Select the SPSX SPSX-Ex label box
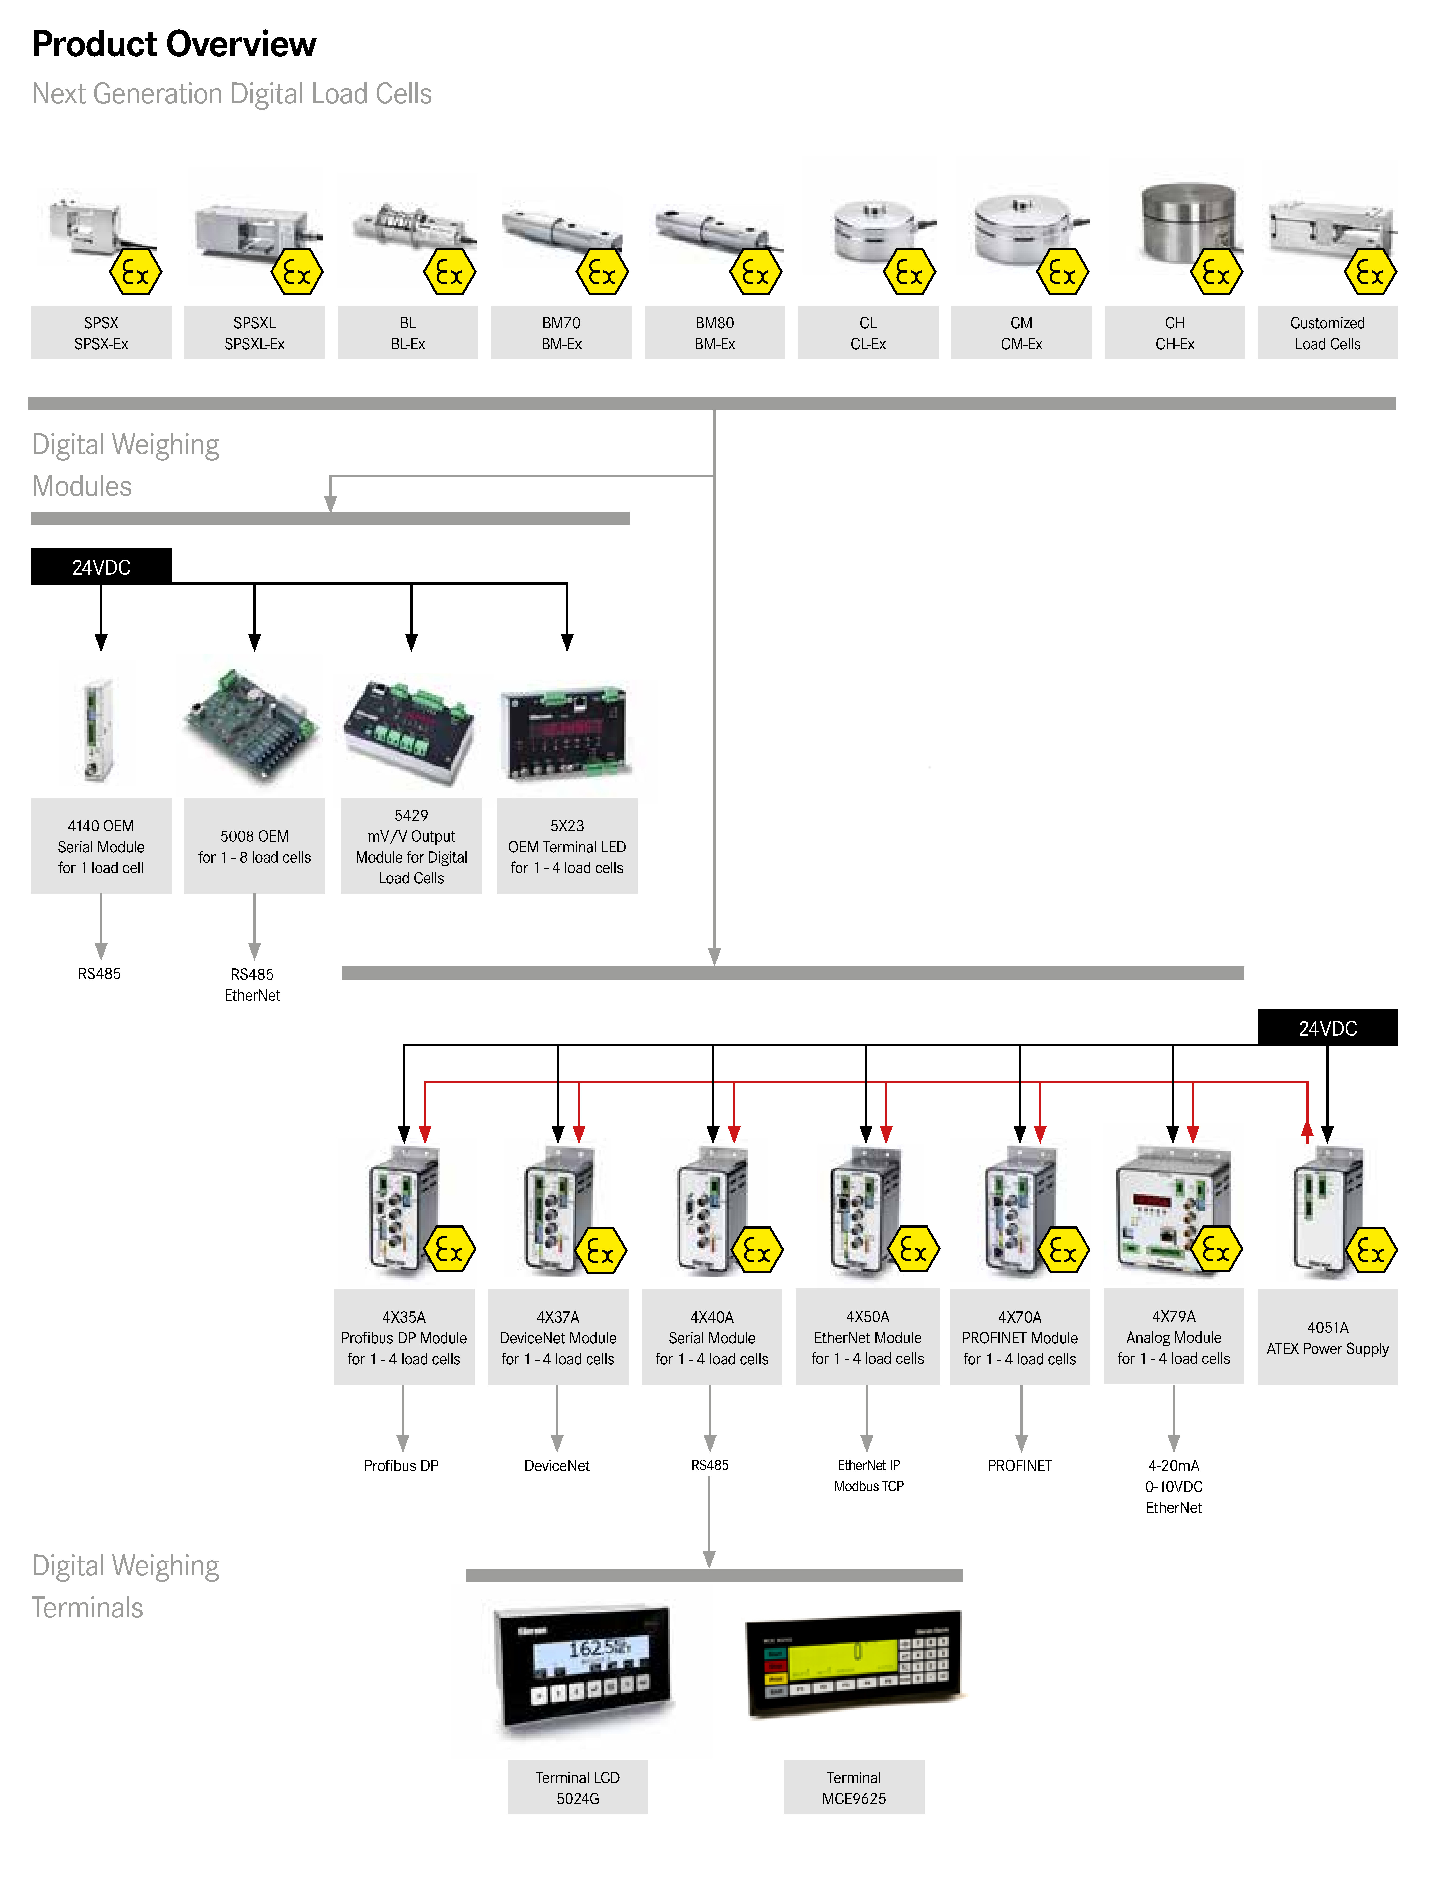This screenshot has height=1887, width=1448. point(101,333)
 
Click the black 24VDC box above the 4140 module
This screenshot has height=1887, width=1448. point(101,567)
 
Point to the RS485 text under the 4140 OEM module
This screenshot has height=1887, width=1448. point(99,974)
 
